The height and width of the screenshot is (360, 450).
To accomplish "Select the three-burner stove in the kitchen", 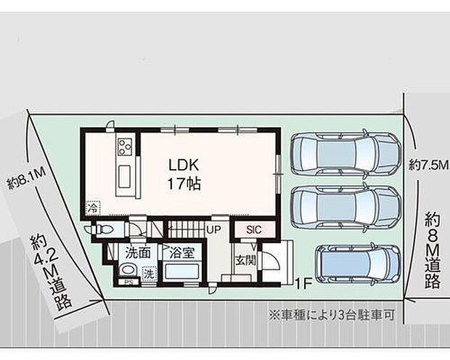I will click(122, 147).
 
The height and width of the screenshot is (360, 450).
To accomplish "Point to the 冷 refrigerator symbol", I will click(92, 207).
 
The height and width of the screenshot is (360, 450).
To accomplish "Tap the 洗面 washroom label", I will click(139, 254).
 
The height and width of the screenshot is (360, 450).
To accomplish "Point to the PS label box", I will click(128, 282).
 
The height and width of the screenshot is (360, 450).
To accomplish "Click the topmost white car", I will click(345, 155).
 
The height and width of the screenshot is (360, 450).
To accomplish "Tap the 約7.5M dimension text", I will click(425, 165).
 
